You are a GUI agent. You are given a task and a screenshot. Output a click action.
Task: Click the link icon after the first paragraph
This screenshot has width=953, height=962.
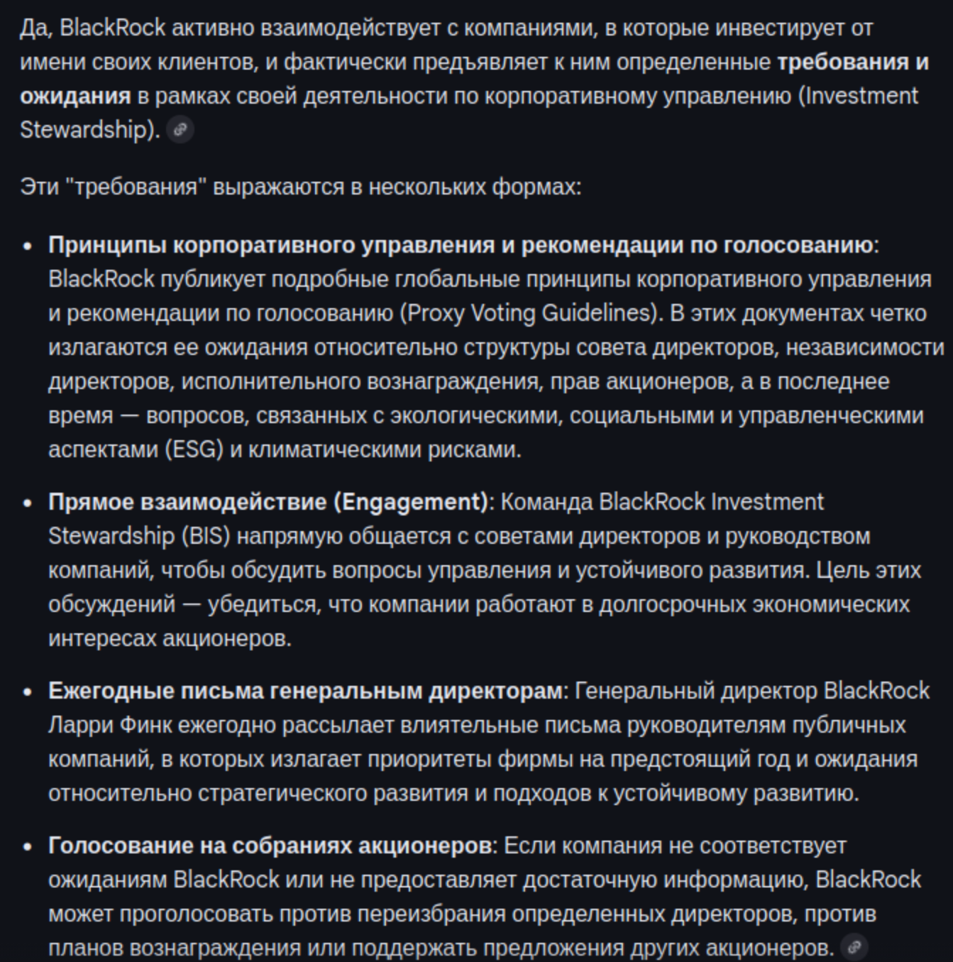click(x=180, y=130)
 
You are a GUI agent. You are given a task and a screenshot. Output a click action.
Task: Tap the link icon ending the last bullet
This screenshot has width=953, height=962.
click(x=854, y=947)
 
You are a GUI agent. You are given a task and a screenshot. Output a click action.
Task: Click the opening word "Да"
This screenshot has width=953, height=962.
click(x=33, y=28)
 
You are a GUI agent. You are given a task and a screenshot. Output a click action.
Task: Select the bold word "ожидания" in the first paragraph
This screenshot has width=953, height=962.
click(x=75, y=96)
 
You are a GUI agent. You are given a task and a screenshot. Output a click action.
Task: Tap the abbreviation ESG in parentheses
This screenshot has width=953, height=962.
click(x=194, y=449)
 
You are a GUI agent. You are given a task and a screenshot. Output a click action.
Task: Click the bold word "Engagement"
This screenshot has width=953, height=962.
click(x=411, y=502)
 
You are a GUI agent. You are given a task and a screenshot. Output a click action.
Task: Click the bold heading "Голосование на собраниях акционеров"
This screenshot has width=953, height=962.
click(x=270, y=846)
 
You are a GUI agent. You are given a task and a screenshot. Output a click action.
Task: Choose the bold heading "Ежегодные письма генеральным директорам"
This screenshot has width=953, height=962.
click(x=305, y=691)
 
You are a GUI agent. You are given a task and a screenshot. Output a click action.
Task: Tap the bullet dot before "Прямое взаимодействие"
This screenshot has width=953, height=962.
click(x=28, y=503)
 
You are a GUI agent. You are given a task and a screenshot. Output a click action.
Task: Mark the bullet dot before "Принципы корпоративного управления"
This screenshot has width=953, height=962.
click(x=28, y=246)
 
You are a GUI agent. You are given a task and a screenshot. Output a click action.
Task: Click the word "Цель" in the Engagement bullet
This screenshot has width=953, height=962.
click(x=840, y=570)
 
